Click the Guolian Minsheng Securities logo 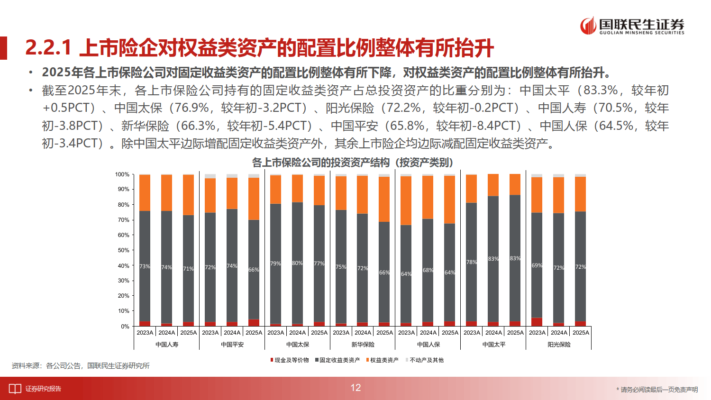[632, 26]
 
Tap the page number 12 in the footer [355, 388]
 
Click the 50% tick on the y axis [124, 250]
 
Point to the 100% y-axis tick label [122, 174]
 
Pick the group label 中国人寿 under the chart [167, 345]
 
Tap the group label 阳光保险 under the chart [559, 345]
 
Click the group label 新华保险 [363, 345]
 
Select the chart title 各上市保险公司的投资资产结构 [353, 163]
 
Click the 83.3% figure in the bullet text [600, 91]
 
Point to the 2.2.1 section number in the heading [48, 47]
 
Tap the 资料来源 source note [81, 366]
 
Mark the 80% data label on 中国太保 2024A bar [297, 263]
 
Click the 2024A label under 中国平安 [232, 333]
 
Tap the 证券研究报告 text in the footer [43, 389]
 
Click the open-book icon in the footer [15, 389]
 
